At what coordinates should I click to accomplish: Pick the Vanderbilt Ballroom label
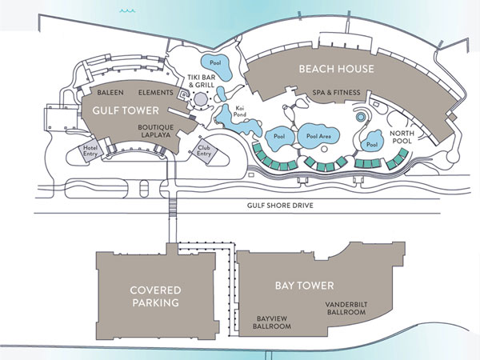click(346, 309)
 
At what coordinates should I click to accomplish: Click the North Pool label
click(401, 138)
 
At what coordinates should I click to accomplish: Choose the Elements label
click(155, 92)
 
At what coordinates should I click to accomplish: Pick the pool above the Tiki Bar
click(214, 64)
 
